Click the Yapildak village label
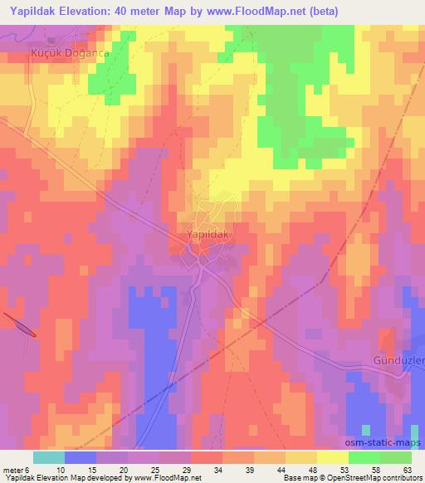[x=205, y=235]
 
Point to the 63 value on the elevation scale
[x=407, y=470]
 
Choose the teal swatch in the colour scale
[x=49, y=457]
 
